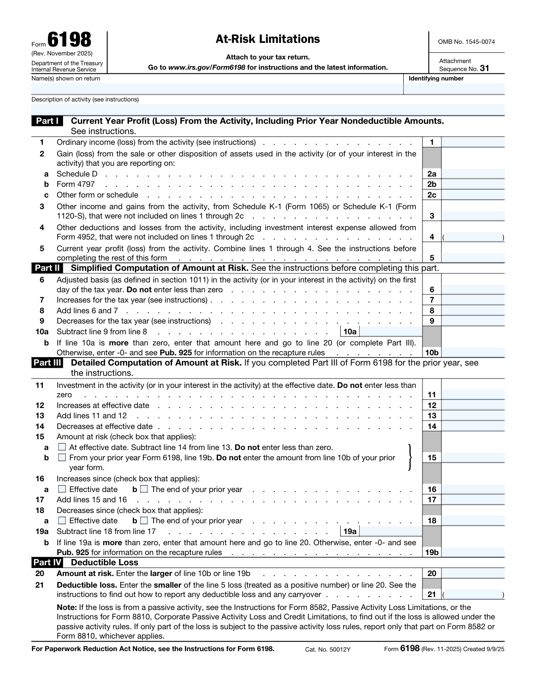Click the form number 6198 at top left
tap(69, 40)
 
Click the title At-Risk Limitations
tap(268, 39)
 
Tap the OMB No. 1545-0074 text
tap(466, 42)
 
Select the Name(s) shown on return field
tap(217, 88)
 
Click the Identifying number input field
tap(454, 88)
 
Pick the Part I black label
tap(47, 121)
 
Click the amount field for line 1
tap(473, 143)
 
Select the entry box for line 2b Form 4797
tap(473, 185)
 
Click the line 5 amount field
tap(473, 258)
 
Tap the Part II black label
tap(47, 268)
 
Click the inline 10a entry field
tap(390, 332)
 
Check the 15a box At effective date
tap(62, 447)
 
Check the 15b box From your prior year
tap(62, 458)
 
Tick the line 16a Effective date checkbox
tap(62, 489)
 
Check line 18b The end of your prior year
tap(144, 521)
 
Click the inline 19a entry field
tap(390, 531)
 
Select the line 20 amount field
tap(473, 574)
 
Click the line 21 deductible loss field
tap(473, 595)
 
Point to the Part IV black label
tap(47, 563)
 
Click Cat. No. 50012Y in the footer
tap(328, 649)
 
